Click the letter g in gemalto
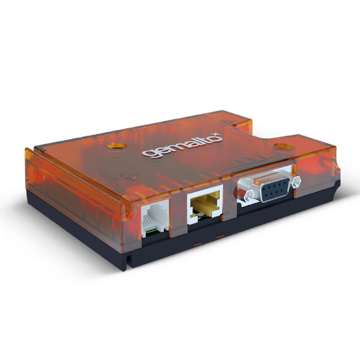[x=147, y=153]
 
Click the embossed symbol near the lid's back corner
[x=225, y=121]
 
